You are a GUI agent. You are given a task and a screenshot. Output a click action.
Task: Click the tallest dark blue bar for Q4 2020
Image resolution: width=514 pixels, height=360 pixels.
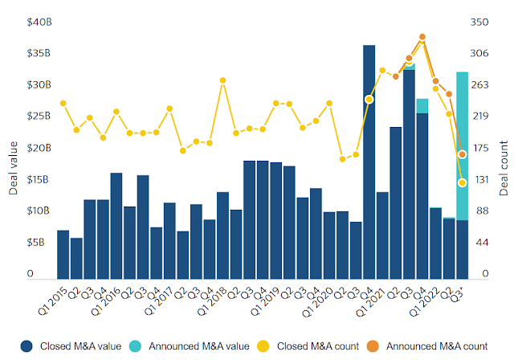coord(369,161)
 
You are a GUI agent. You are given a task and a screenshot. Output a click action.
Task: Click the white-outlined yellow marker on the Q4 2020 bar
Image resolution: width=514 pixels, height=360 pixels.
coord(369,99)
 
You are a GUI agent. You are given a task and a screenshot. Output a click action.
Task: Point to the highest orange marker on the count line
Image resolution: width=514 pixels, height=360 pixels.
coord(422,37)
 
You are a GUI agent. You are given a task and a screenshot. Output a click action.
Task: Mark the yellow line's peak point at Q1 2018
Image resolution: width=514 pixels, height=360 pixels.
coord(222,80)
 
